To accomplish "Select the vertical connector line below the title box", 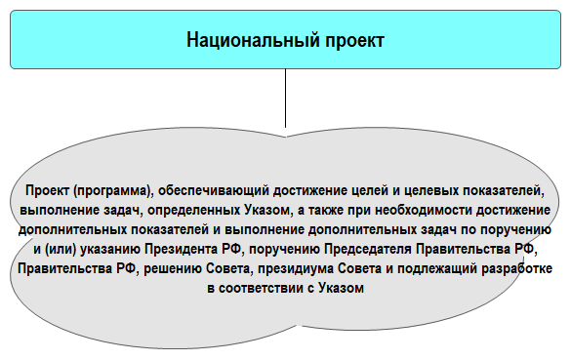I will pos(285,99).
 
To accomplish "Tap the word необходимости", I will pos(419,210).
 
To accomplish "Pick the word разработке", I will pos(519,263).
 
